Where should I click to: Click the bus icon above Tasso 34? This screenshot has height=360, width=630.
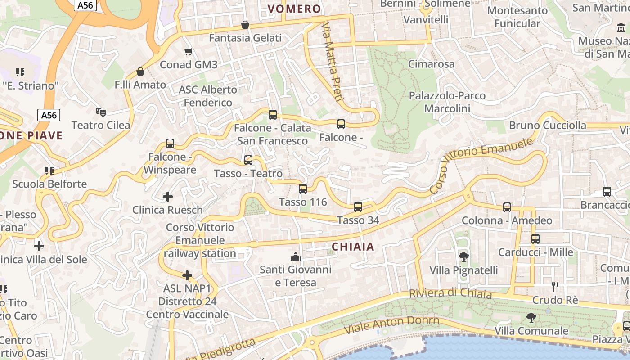pos(358,207)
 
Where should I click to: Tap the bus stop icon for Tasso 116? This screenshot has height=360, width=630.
pos(303,189)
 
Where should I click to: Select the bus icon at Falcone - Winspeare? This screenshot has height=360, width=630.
pos(170,144)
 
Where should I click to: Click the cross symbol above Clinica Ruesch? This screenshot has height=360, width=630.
pos(168,197)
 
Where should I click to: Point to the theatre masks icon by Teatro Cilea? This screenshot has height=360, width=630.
pos(100,112)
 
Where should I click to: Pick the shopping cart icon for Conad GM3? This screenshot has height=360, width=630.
pos(189,51)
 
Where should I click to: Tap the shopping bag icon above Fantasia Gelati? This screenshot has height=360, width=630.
pos(245,25)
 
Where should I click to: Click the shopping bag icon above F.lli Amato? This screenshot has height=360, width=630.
pos(140,72)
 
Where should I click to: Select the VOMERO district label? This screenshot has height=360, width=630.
pos(294,9)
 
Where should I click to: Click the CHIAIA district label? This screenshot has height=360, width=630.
pos(353,247)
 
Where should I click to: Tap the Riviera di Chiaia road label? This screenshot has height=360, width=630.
pos(450,293)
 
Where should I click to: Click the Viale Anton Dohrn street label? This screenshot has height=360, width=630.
pos(391,324)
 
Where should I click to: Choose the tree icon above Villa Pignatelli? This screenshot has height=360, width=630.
pos(463,257)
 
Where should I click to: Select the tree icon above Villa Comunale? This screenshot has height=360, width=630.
pos(531,318)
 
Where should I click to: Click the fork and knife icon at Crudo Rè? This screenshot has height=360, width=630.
pos(555,286)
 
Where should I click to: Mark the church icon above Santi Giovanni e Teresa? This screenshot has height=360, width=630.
pos(296,256)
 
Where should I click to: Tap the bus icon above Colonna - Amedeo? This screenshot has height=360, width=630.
pos(507,207)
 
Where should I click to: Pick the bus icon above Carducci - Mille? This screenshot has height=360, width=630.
pos(535,239)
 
